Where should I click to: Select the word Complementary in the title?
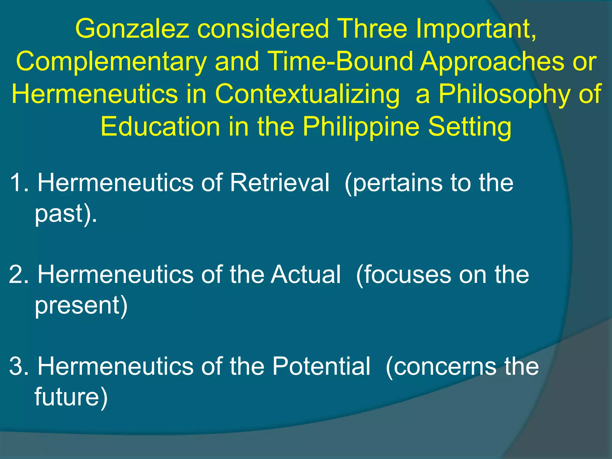tap(111, 62)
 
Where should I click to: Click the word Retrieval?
tap(279, 183)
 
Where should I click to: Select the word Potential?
tap(321, 366)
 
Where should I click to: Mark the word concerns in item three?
tap(446, 366)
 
